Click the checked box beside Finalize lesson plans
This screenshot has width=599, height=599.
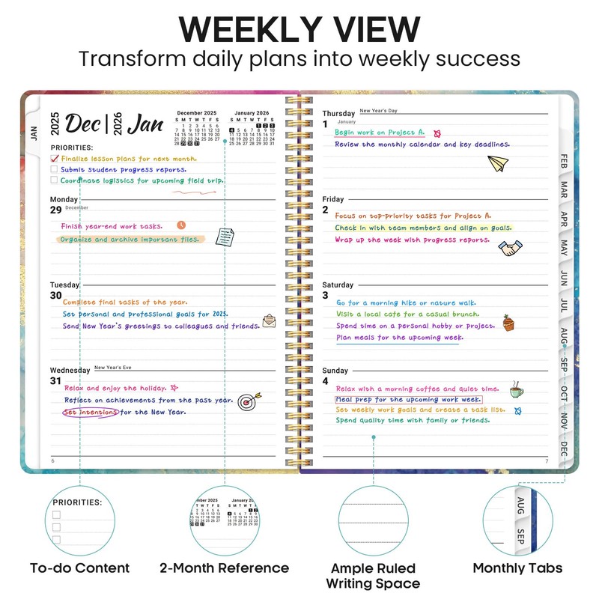(54, 159)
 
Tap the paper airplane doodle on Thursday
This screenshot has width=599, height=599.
(498, 162)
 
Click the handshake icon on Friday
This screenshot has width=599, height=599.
(511, 248)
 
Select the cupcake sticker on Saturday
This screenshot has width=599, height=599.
(509, 323)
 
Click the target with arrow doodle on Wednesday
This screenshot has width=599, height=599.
(246, 403)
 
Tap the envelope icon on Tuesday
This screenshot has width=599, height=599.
(269, 322)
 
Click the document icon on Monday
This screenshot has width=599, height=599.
(225, 237)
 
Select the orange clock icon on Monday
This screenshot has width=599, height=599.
(180, 225)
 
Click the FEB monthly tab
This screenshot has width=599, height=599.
(564, 161)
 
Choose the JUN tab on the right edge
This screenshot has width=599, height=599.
(564, 279)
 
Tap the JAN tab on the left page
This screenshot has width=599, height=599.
(34, 133)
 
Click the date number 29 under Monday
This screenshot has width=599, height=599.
(56, 210)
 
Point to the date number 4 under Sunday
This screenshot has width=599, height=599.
(326, 381)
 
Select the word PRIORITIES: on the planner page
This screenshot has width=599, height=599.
(72, 148)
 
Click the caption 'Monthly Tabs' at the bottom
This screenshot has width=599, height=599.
(517, 568)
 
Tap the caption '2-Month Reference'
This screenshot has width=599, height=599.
(224, 568)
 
